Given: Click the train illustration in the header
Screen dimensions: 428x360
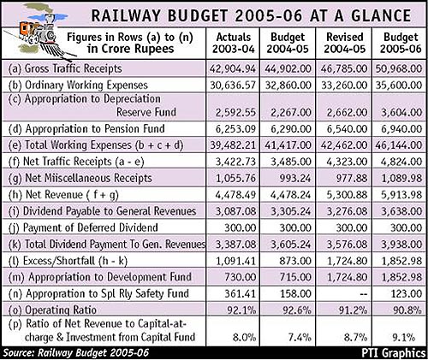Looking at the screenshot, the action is (43, 32).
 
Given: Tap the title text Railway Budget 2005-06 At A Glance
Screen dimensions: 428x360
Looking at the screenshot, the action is (251, 15).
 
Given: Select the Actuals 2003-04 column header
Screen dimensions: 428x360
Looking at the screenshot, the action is (234, 43).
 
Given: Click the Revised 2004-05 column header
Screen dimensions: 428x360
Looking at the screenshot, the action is (345, 43).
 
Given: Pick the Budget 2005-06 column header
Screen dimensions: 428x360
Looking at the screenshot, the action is (401, 43).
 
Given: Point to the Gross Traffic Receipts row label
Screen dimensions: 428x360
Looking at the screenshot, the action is (65, 68).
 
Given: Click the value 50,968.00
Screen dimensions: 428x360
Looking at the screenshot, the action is (399, 68).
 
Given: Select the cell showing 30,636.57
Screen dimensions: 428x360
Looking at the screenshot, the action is (233, 86).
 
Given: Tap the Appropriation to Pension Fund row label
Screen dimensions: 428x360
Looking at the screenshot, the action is (86, 129).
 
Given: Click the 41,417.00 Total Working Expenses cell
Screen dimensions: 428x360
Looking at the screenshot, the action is (288, 145).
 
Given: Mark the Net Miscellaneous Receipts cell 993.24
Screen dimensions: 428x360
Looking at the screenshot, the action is (295, 178).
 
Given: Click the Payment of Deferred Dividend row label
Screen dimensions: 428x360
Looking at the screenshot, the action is (83, 227).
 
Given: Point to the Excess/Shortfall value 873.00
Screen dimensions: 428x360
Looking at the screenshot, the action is (295, 261).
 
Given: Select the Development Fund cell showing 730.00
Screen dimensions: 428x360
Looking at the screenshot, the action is (240, 277).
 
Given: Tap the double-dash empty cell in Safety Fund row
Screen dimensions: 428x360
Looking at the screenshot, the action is (362, 294).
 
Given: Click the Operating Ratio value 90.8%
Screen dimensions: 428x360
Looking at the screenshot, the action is (407, 310).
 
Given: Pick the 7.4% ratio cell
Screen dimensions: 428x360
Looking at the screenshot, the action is (300, 338).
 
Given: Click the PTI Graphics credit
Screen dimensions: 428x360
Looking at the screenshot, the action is (394, 353).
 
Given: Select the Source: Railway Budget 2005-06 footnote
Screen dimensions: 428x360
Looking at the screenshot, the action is (76, 353).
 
